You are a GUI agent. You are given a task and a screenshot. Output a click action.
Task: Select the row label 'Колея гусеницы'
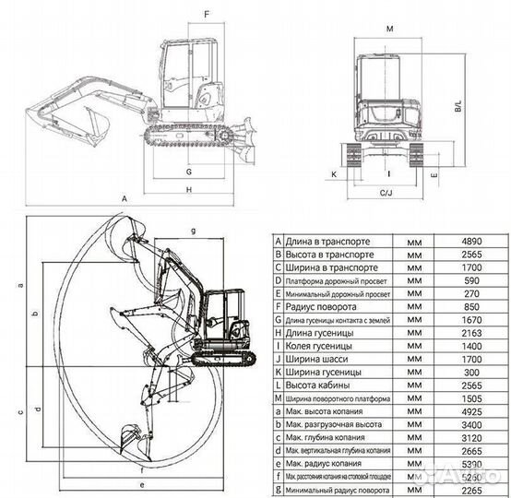(315, 346)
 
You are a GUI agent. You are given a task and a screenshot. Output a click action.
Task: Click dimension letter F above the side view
(206, 14)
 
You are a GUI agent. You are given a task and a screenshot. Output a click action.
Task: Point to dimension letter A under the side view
(123, 198)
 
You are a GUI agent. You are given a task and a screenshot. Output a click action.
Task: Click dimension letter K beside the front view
(334, 172)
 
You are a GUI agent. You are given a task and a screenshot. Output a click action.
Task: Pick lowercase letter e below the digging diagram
(141, 482)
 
